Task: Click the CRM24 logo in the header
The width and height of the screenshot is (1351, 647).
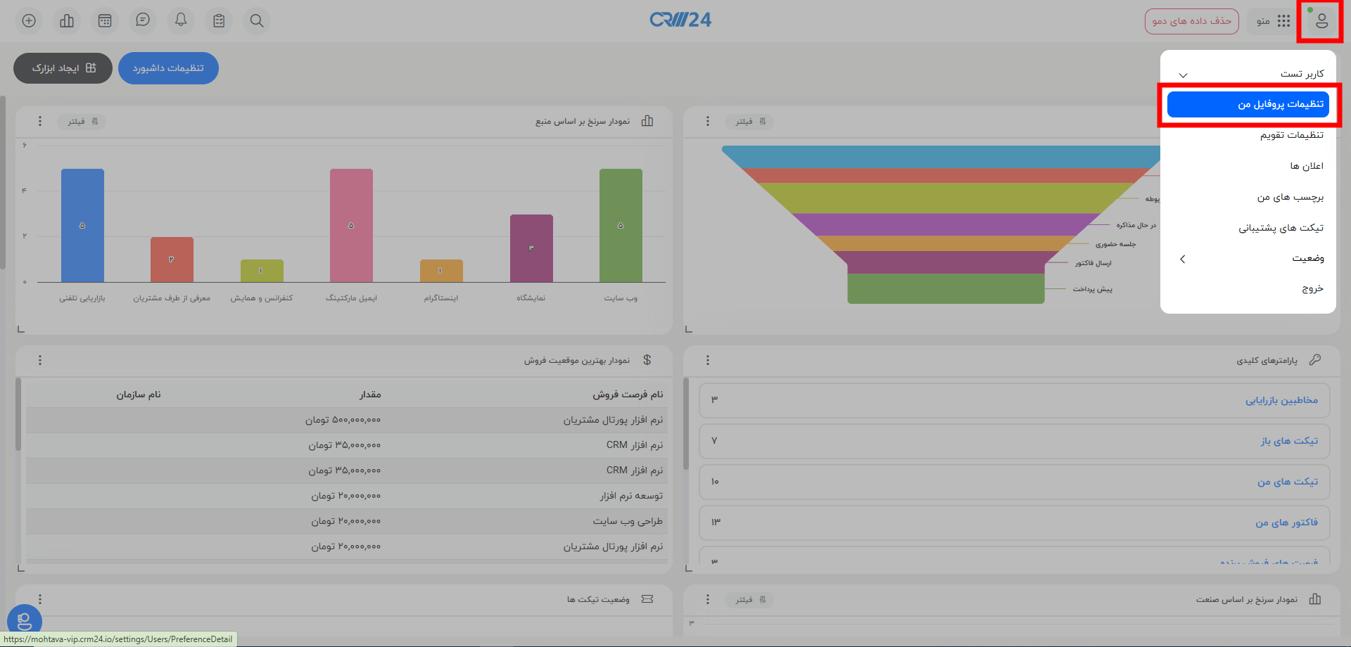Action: click(680, 20)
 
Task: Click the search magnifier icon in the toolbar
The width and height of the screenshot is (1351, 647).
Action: click(257, 20)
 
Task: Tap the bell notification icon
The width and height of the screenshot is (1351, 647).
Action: click(181, 20)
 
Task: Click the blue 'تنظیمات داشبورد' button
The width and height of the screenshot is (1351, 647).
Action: click(168, 68)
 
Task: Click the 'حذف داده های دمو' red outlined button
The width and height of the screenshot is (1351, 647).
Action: click(1191, 21)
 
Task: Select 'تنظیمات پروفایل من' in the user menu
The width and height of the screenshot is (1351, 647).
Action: click(1248, 104)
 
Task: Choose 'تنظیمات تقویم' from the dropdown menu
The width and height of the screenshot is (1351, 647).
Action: click(1291, 135)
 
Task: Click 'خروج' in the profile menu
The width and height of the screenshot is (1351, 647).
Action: click(1312, 288)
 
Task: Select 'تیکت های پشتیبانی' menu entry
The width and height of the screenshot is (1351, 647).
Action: click(1281, 228)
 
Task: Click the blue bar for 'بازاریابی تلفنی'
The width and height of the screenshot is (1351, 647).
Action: click(82, 225)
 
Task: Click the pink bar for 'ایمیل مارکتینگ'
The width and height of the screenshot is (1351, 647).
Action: click(351, 225)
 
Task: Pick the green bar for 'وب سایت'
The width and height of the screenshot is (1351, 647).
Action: click(621, 225)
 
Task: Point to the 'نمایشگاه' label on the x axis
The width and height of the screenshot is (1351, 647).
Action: click(531, 298)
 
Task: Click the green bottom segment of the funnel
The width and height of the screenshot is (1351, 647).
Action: click(946, 289)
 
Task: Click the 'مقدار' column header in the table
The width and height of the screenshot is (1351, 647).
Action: click(370, 395)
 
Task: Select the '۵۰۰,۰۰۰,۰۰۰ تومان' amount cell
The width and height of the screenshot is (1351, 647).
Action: click(343, 420)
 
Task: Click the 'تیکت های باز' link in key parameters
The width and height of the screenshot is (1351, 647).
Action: click(1288, 441)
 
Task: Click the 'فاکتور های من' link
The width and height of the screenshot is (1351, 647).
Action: click(1286, 523)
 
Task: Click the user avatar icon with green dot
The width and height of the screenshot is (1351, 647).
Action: click(1321, 21)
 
